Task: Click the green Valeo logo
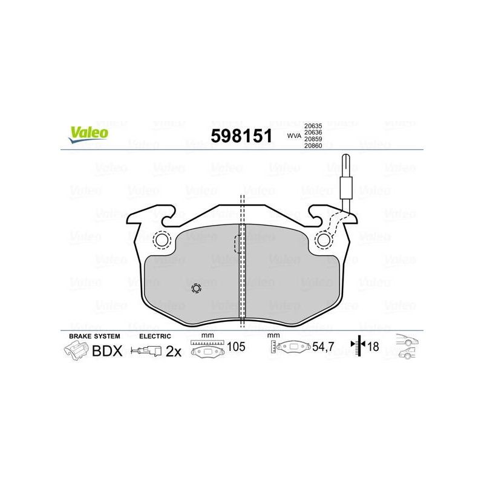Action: point(88,134)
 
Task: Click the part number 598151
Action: point(241,136)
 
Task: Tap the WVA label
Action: point(294,136)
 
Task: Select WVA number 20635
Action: point(313,126)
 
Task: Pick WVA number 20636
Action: point(313,132)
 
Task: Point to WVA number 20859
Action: point(313,139)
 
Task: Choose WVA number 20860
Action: point(313,146)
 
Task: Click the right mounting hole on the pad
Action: point(324,240)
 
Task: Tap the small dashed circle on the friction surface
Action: point(196,289)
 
